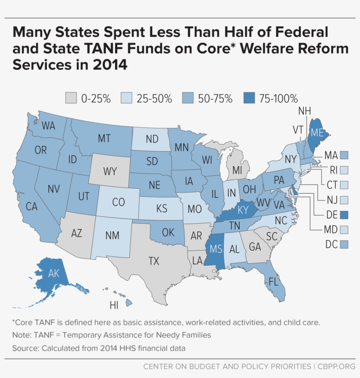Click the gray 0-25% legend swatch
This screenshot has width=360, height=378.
[72, 98]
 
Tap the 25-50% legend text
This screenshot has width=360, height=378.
[154, 98]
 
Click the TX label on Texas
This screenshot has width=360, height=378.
[153, 261]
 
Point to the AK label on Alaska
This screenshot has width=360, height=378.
[54, 274]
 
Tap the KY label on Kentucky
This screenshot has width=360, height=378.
[243, 210]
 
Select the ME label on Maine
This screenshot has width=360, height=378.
[317, 132]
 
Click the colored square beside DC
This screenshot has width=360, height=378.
[344, 244]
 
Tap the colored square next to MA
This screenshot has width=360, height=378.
[344, 155]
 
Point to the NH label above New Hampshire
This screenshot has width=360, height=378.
[305, 111]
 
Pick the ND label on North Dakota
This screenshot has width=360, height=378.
[152, 139]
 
